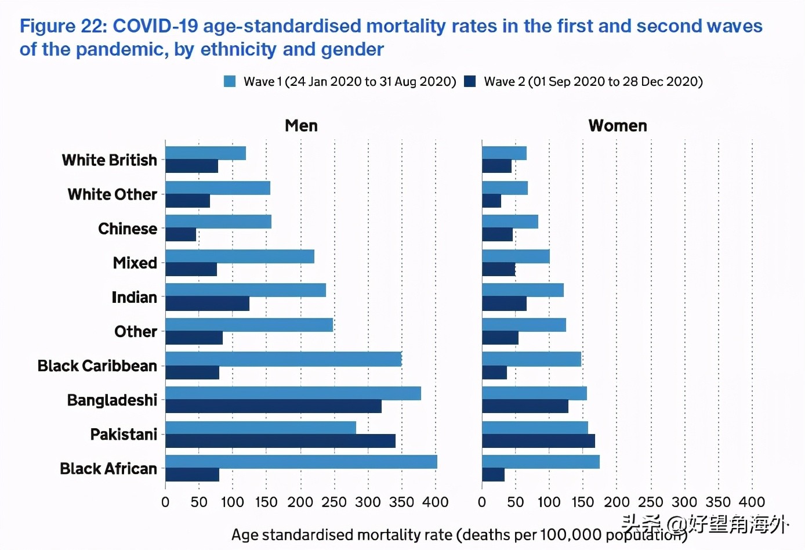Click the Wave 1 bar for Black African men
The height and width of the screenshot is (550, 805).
301,462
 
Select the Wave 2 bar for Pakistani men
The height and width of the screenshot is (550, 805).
280,441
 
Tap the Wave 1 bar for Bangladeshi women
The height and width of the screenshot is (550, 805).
534,393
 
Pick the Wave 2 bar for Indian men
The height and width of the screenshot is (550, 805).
207,303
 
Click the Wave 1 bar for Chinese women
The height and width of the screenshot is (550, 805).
510,222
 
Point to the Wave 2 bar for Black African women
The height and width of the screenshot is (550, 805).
493,475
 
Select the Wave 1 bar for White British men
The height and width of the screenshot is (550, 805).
205,153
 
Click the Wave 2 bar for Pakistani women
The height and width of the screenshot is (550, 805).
538,441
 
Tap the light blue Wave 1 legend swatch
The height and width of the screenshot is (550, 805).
230,81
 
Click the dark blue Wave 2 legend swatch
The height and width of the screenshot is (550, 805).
470,81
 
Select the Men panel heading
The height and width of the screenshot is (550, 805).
301,126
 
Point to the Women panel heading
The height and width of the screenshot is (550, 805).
618,126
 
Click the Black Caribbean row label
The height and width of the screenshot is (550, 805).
97,366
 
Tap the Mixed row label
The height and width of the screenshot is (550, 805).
135,263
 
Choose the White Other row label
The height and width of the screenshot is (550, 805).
113,194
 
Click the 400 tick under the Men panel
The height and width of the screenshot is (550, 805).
436,502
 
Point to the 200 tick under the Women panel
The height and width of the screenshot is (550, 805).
617,502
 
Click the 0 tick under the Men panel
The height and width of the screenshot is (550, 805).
165,502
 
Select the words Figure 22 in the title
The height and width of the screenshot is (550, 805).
62,26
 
